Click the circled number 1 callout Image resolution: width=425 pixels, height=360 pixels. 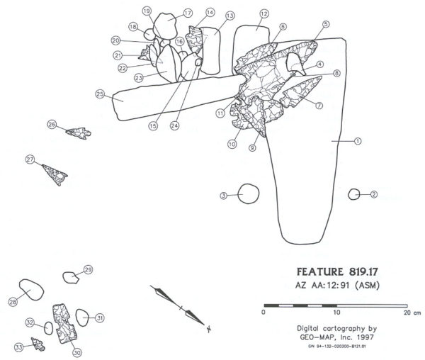(358, 142)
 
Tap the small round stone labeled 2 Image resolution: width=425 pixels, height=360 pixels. (353, 194)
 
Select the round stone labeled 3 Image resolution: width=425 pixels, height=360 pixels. (248, 194)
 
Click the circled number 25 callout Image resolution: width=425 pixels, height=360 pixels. (100, 94)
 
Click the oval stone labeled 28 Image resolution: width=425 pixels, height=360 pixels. (31, 291)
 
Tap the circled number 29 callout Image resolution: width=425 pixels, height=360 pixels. (89, 269)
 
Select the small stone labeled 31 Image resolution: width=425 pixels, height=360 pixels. (81, 318)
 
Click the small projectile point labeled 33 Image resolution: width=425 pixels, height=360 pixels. (37, 344)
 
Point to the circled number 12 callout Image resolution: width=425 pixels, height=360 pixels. (263, 13)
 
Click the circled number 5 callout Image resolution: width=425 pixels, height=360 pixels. (325, 24)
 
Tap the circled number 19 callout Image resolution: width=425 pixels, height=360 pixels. (147, 11)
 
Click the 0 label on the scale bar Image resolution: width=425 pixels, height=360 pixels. (263, 311)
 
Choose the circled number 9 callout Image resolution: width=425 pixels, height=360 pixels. (251, 148)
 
